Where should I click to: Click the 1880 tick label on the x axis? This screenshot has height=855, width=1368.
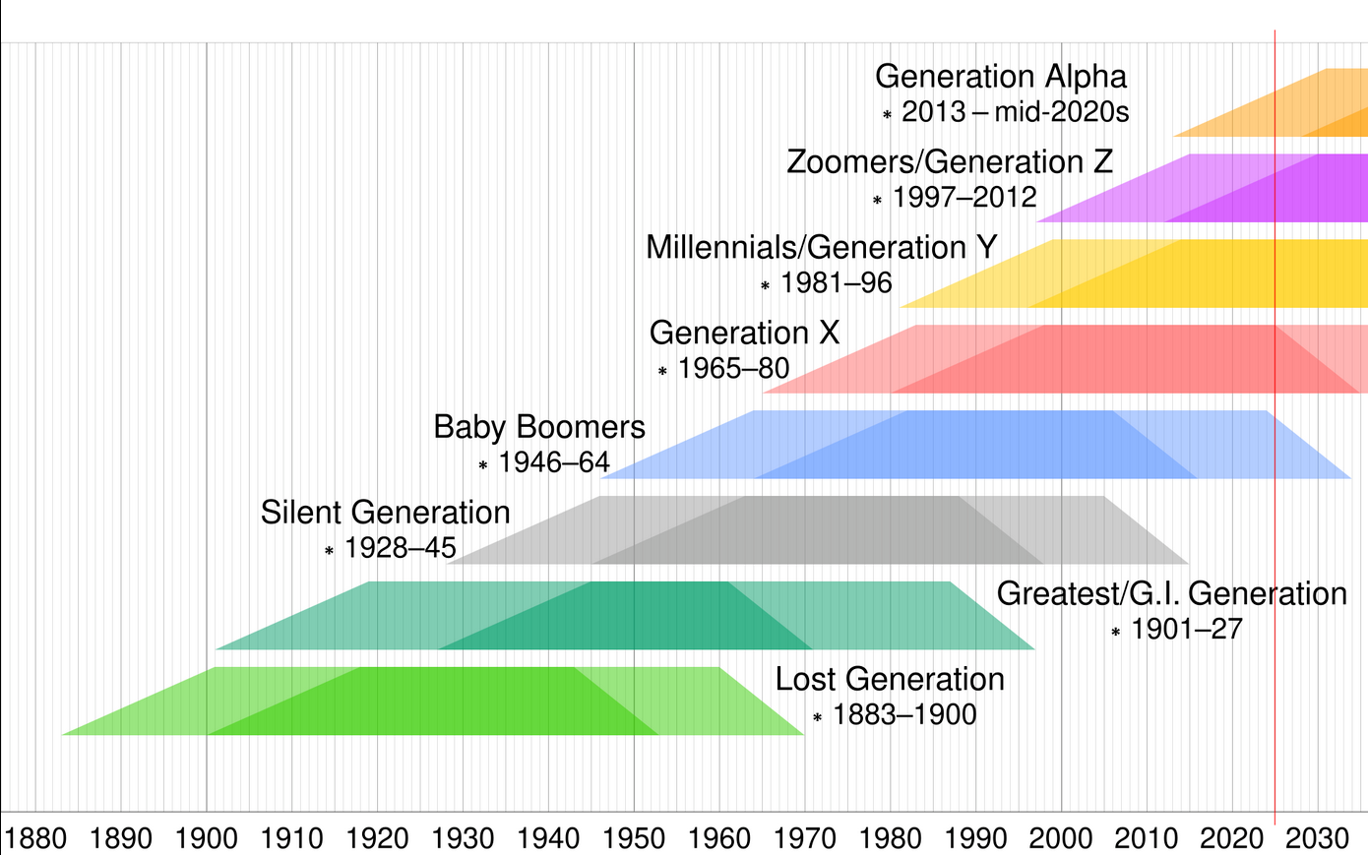(35, 838)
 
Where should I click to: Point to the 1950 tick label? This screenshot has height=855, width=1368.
(634, 838)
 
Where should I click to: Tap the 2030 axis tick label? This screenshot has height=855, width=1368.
(1317, 838)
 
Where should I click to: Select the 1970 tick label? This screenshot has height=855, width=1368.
(805, 838)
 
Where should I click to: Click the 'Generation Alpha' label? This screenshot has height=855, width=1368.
(1000, 77)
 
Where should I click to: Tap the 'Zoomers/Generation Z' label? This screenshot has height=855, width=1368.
(949, 161)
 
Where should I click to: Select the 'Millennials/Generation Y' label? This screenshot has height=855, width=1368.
(821, 247)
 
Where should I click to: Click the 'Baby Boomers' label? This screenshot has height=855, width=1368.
(538, 427)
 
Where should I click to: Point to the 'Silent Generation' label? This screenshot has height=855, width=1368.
(385, 513)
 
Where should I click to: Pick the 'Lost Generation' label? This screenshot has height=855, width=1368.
(889, 679)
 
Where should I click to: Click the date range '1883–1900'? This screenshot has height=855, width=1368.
(903, 714)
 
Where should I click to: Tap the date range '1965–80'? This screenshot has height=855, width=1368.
(733, 368)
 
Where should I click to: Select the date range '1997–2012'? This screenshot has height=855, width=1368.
(964, 197)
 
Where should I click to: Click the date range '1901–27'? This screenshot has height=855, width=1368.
(1186, 629)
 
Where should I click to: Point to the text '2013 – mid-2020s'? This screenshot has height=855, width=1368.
(1015, 112)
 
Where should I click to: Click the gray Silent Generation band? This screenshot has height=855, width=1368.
(817, 530)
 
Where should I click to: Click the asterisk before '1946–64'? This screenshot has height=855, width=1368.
(483, 464)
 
